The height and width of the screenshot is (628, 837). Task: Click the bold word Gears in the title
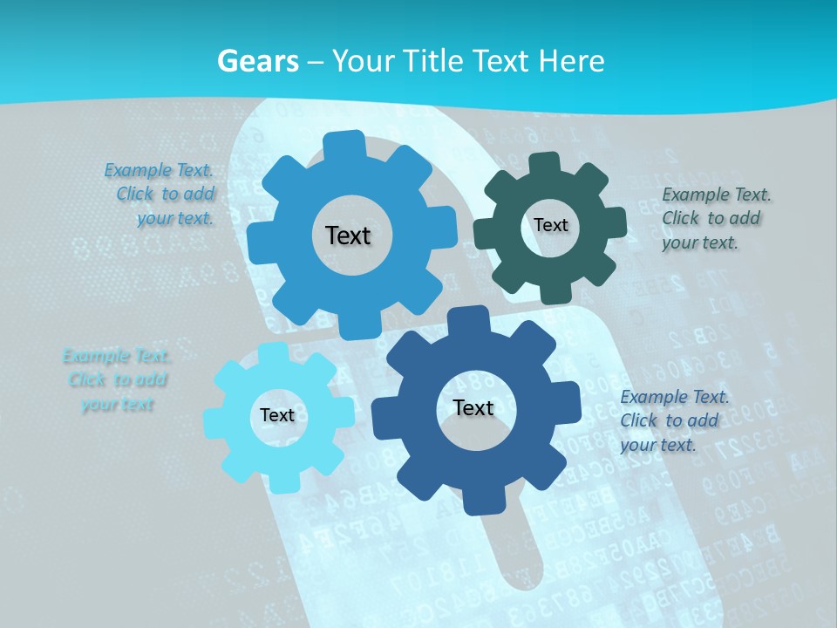click(257, 61)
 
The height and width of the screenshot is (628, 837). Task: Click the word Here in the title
click(572, 61)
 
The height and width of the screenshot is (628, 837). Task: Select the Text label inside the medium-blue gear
click(348, 235)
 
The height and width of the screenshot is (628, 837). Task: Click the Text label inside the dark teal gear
click(551, 225)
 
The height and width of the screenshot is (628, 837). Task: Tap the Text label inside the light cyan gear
click(277, 415)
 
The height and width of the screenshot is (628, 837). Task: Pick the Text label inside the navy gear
click(473, 407)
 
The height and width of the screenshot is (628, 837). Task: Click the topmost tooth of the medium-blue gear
click(345, 142)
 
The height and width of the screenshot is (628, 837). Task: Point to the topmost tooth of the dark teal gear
click(545, 162)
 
